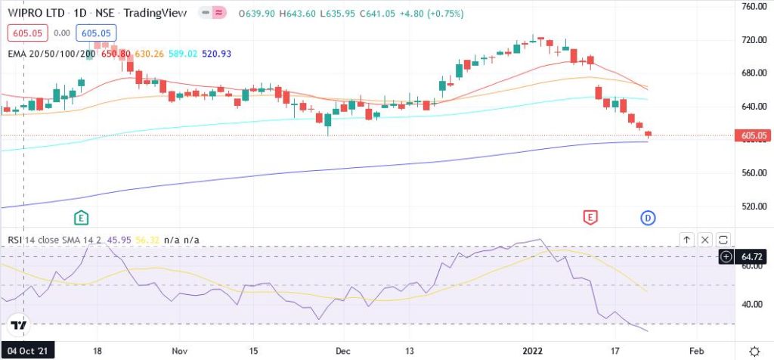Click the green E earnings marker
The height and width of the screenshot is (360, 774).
pos(82,218)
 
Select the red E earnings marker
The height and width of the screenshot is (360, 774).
pos(590,218)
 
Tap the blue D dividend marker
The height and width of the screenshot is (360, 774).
pos(648,218)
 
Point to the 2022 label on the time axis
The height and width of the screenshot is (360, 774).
pos(534,352)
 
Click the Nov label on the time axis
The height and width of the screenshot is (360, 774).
pos(179,352)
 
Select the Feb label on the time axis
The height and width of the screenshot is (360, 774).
pos(697,352)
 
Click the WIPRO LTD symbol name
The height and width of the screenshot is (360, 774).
pos(29,14)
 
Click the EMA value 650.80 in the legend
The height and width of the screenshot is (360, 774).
pos(116,53)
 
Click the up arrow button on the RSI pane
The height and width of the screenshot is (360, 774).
pos(686,240)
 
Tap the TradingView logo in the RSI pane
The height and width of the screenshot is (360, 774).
pos(19,325)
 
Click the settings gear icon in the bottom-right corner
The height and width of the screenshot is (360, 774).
pos(754,352)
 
